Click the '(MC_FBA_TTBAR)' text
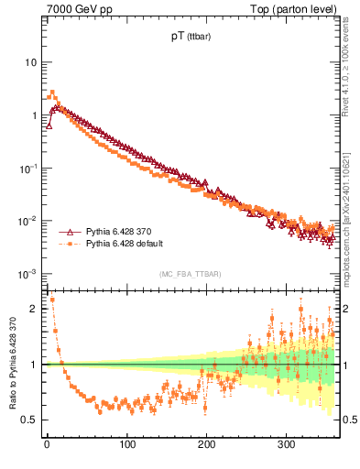pyautogui.click(x=190, y=275)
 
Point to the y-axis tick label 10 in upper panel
pyautogui.click(x=30, y=62)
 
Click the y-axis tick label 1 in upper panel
pyautogui.click(x=33, y=115)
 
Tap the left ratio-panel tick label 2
pyautogui.click(x=33, y=309)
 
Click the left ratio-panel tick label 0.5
pyautogui.click(x=29, y=420)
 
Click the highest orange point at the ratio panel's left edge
pyautogui.click(x=51, y=300)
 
